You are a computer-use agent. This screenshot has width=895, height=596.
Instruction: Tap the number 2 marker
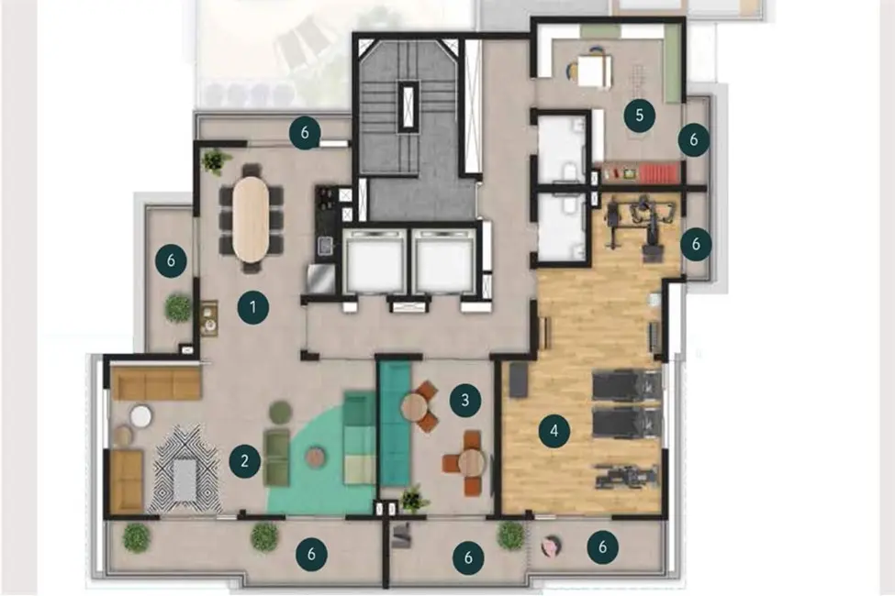tap(245, 461)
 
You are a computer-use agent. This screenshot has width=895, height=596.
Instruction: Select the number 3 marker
tap(465, 400)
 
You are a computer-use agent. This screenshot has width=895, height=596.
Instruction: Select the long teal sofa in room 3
tap(394, 422)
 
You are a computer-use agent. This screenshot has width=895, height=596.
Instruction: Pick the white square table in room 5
tap(595, 71)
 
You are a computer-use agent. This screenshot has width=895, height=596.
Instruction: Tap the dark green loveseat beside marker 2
tap(276, 456)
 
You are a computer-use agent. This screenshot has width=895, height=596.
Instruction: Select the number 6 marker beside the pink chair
tap(602, 547)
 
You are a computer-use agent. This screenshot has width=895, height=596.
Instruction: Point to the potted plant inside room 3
tap(414, 498)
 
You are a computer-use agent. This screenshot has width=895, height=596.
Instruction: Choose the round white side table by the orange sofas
tap(140, 416)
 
